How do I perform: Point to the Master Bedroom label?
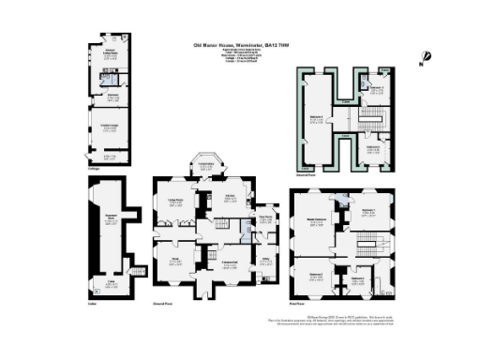320,222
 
